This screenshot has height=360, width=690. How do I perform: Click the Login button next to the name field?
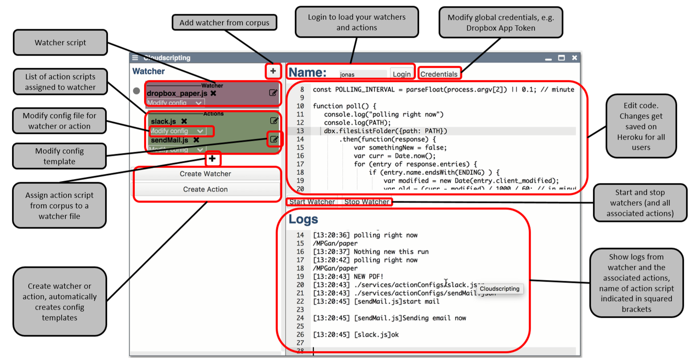coord(401,74)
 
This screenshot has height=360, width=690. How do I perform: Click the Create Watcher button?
coord(205,174)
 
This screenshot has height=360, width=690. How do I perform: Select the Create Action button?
coord(205,189)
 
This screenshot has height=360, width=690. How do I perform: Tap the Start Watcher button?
coord(312,202)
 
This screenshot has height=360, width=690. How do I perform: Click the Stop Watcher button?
coord(366,202)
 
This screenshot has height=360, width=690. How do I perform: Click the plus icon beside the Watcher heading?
coord(273,71)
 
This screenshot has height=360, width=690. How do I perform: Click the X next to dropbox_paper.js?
coord(213,93)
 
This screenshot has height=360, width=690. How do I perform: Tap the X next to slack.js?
coord(184,121)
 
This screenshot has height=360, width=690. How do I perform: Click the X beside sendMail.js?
coord(196,140)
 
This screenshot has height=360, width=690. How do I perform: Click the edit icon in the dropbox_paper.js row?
coord(273,93)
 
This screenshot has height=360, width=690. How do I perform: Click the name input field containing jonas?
coord(362,74)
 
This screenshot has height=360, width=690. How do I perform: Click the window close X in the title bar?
coord(574,58)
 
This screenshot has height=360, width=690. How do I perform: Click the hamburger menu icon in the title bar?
coord(135,58)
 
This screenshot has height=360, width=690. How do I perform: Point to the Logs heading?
coord(303,219)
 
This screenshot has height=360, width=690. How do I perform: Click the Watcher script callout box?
coord(60,43)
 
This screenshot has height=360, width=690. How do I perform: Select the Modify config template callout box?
coord(59,156)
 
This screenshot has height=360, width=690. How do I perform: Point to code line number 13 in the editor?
coord(300,131)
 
